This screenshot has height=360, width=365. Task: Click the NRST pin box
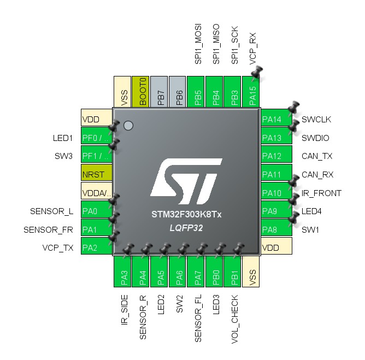(96, 174)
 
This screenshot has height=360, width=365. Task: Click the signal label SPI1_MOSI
(198, 44)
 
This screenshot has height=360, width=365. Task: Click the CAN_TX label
(317, 156)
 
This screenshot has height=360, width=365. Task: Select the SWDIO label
(315, 138)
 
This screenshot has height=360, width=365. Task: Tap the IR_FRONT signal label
(321, 193)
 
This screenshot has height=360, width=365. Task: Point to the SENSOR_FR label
(48, 230)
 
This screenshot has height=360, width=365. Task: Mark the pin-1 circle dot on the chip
(128, 126)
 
